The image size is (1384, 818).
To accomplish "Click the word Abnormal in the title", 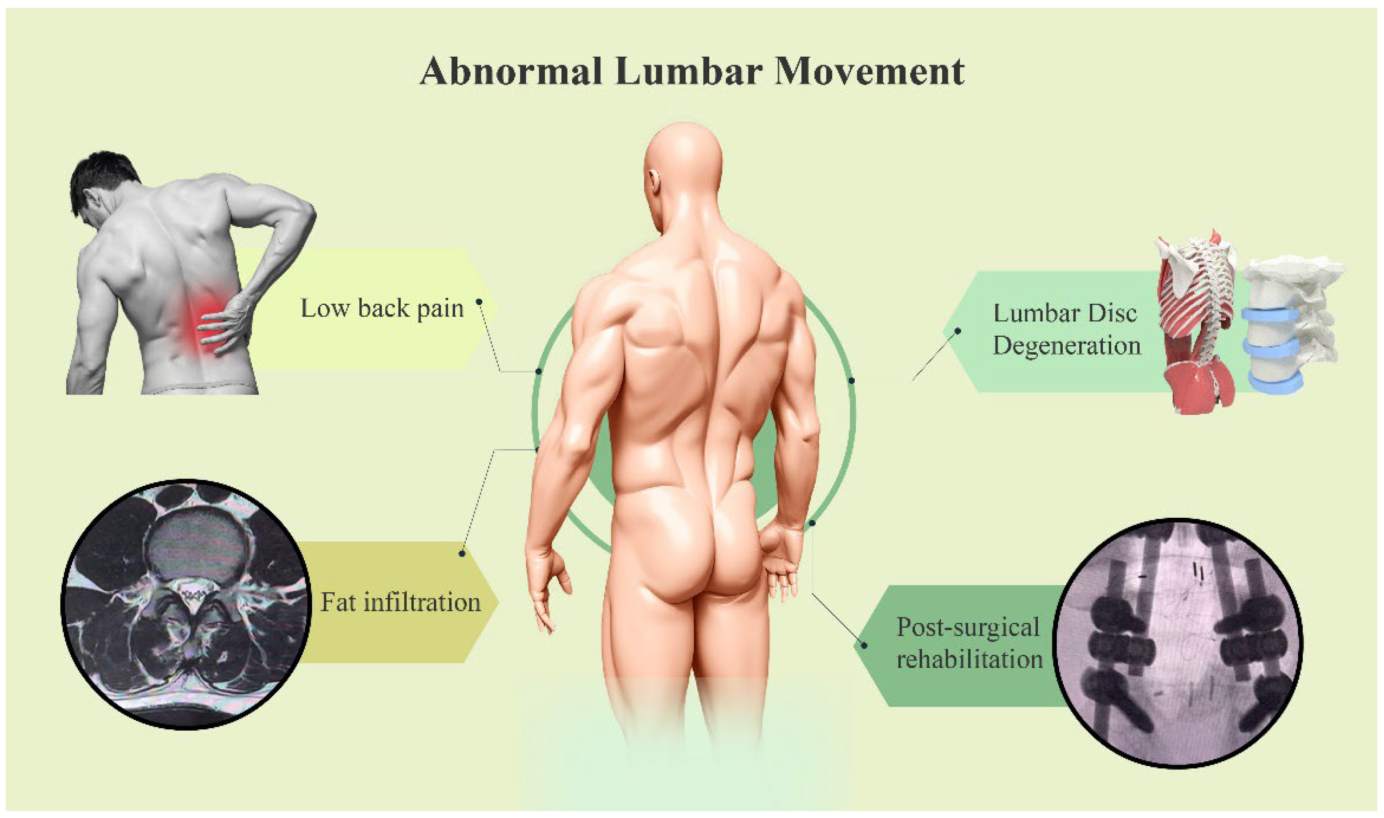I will (510, 72).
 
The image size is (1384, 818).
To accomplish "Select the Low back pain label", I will (382, 309).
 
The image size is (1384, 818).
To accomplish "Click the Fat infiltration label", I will (401, 602).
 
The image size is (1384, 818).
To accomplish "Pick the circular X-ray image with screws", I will (1177, 642).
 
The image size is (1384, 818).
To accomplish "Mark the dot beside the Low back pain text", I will (479, 302).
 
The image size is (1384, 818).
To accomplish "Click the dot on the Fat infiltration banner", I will (462, 553).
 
